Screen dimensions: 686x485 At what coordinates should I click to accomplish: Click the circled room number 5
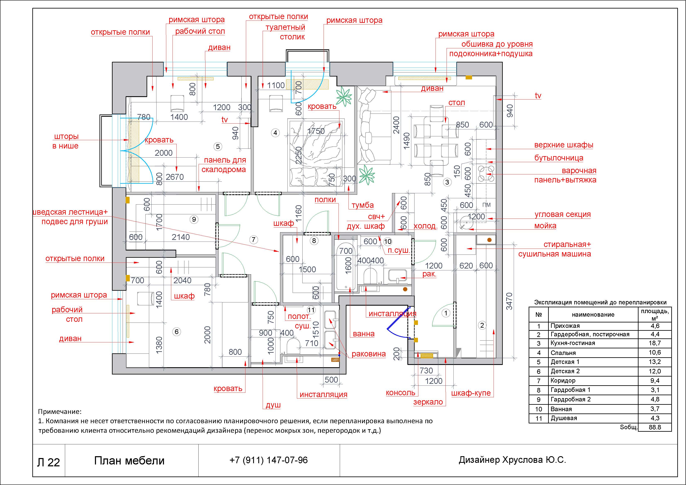point(218,146)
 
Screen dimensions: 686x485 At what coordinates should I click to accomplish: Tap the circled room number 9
point(194,219)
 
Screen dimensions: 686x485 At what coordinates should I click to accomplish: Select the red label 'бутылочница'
point(559,158)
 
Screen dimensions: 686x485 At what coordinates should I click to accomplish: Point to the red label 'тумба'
point(362,205)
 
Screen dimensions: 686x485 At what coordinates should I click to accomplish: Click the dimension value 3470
point(509,301)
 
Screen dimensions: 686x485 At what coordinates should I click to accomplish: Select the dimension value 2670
point(175,177)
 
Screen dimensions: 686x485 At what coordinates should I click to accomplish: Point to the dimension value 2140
point(181,237)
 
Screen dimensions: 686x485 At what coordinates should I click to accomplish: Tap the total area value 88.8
point(655,427)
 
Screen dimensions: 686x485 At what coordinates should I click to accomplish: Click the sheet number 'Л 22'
point(48,462)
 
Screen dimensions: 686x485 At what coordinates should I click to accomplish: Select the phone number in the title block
point(269,460)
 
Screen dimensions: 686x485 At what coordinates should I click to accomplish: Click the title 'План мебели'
point(129,461)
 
